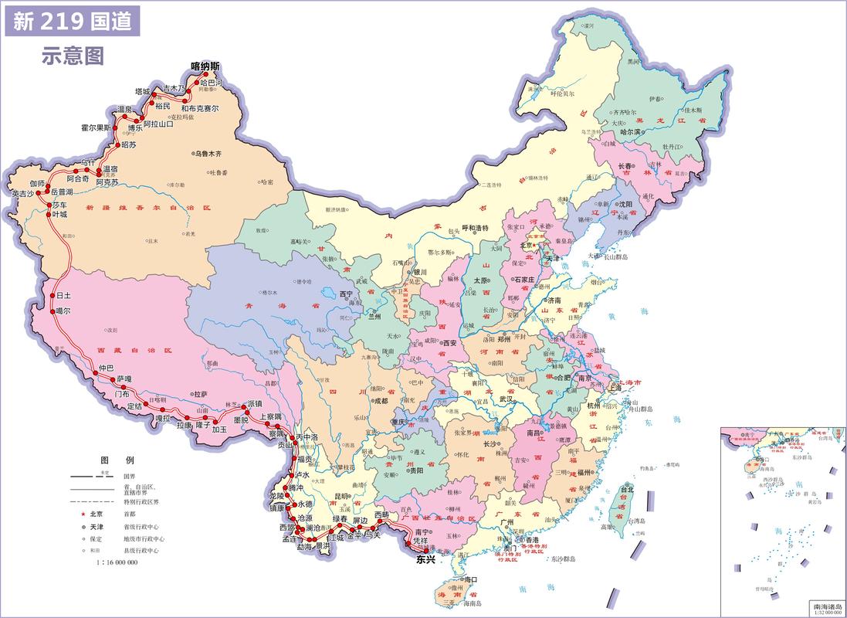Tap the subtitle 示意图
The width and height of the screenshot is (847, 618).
pos(73,56)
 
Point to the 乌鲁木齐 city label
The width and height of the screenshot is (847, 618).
pos(212,154)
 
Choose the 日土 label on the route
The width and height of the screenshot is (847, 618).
pos(63,296)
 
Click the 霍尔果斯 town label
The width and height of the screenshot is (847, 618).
pos(96,127)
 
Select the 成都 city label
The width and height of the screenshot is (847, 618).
pos(381,401)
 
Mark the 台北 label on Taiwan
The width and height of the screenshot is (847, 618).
pos(627,489)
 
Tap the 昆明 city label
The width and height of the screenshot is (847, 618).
pos(343,495)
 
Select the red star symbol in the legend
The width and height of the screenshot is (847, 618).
pos(78,513)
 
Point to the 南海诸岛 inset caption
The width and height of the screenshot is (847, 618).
pos(825,606)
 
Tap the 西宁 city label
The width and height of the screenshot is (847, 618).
pos(346,294)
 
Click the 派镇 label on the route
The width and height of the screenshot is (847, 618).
pos(254,404)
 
